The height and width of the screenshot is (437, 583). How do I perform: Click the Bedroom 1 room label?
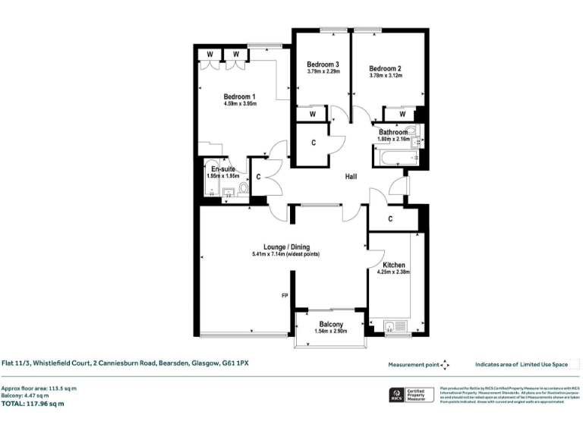pyautogui.click(x=239, y=96)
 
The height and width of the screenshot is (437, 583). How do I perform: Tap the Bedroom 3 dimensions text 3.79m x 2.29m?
pyautogui.click(x=323, y=72)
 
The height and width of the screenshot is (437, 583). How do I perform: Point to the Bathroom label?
pyautogui.click(x=393, y=132)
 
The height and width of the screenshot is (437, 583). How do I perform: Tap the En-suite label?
pyautogui.click(x=222, y=168)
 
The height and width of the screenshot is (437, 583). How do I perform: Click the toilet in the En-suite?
pyautogui.click(x=243, y=188)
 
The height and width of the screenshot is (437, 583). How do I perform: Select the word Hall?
pyautogui.click(x=351, y=178)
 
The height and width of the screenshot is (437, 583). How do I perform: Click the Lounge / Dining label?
pyautogui.click(x=286, y=247)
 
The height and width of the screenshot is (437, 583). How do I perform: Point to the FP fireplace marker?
pyautogui.click(x=285, y=295)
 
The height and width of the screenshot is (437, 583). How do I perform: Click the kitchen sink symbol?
pyautogui.click(x=389, y=328)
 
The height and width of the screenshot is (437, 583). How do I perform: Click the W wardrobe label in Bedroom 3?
pyautogui.click(x=311, y=115)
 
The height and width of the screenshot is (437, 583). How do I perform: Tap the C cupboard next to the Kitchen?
pyautogui.click(x=389, y=219)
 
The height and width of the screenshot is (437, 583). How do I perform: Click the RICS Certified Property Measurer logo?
pyautogui.click(x=410, y=396)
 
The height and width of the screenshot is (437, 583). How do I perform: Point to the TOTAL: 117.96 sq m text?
pyautogui.click(x=33, y=404)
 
